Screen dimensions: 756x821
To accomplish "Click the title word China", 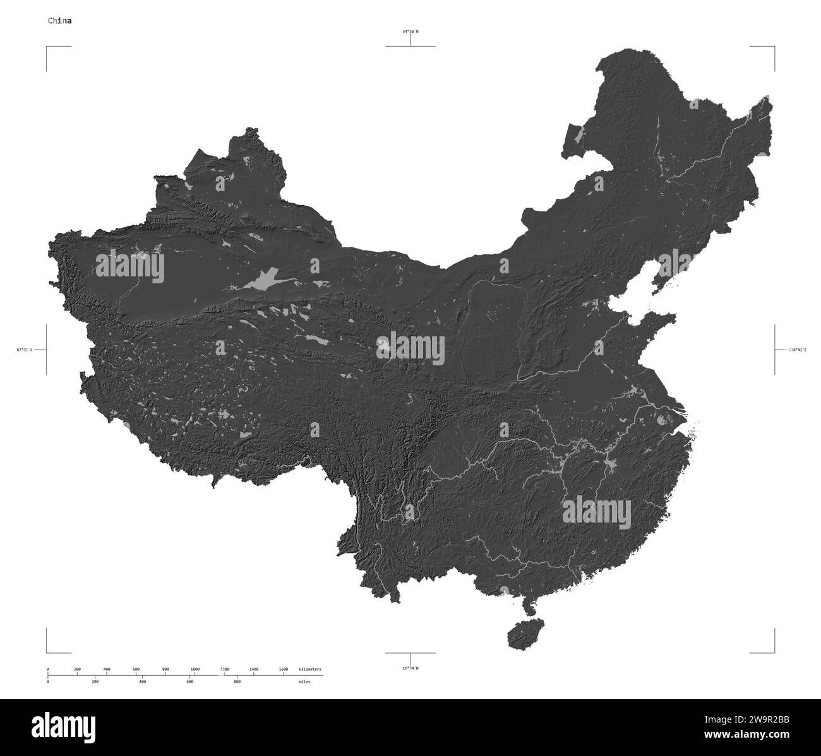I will point(60,20).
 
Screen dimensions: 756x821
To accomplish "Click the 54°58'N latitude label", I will point(410,31).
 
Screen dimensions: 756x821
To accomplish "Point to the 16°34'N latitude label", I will point(410,668).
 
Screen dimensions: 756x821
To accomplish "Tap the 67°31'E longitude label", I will point(25,349).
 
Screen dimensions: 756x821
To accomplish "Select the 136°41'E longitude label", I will point(796,349).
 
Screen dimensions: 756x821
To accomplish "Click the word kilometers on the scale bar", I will point(310,669).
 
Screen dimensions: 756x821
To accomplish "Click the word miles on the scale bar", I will point(305,682).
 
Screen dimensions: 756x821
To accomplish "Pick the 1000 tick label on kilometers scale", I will point(195,669).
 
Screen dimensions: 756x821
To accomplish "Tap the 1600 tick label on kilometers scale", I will point(283,669).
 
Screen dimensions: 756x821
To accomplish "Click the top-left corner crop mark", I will point(47,47).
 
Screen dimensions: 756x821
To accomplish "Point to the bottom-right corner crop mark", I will point(774,653).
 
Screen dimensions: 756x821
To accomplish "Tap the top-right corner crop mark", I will point(774,47).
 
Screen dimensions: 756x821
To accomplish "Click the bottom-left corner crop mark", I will point(47,653).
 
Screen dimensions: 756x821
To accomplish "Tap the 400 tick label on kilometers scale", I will point(106,669).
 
